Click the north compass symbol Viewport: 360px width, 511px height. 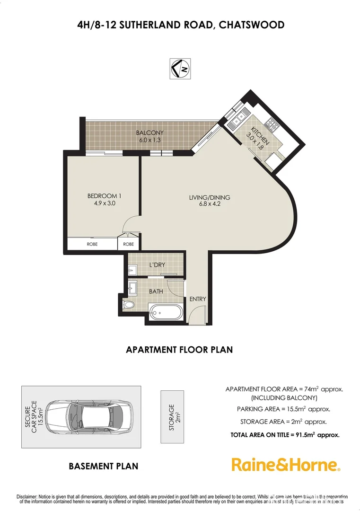click(180, 68)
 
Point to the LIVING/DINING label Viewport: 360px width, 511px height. click(203, 197)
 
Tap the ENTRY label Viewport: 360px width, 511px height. click(197, 299)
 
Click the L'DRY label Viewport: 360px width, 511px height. click(157, 264)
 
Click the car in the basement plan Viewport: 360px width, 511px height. click(90, 416)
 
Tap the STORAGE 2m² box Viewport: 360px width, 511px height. click(172, 417)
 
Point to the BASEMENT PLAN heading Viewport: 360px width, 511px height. click(104, 466)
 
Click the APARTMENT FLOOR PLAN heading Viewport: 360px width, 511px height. click(179, 350)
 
